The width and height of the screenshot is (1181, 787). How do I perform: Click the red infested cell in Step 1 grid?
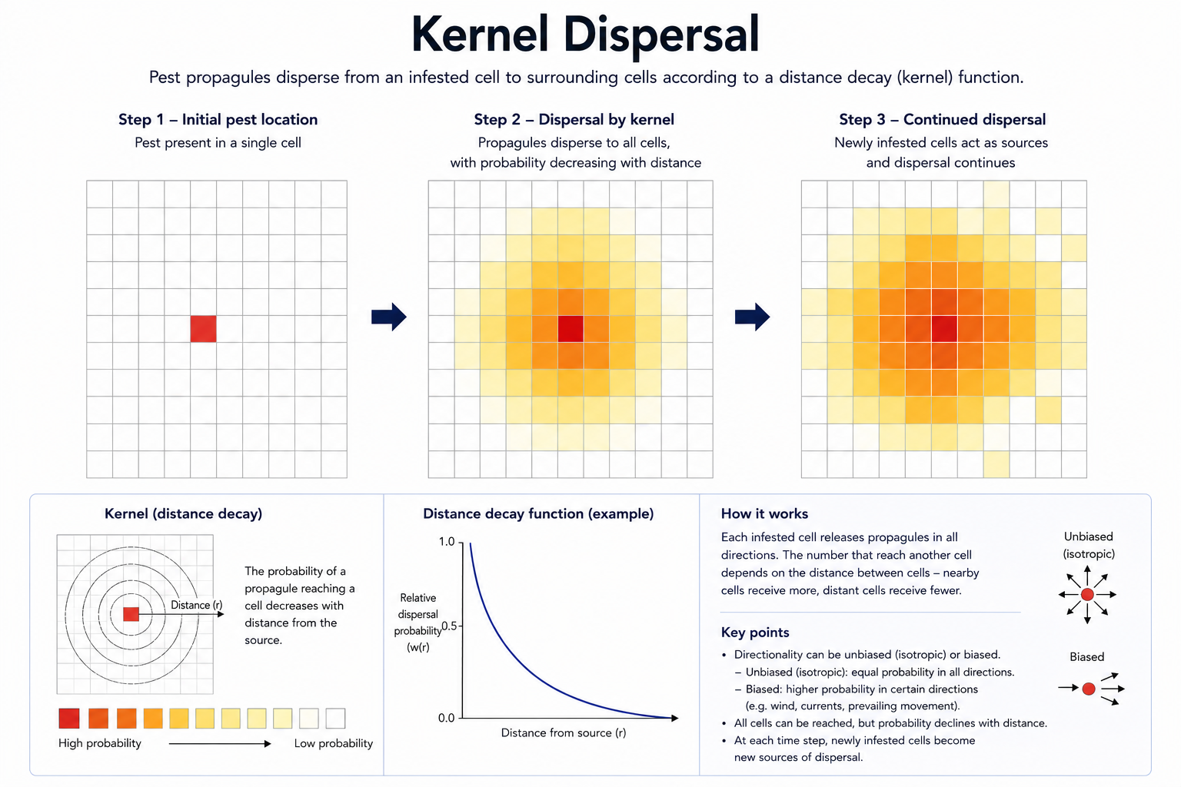[204, 329]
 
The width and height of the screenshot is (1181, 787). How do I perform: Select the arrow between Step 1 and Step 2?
[389, 317]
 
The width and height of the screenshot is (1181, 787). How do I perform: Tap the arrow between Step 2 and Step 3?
[753, 317]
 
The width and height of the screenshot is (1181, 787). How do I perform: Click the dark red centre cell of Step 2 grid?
[571, 329]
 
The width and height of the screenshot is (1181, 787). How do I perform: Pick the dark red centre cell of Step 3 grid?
[944, 329]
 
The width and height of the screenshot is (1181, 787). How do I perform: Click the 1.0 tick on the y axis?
[447, 542]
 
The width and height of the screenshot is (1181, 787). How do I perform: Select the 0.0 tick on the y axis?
[447, 718]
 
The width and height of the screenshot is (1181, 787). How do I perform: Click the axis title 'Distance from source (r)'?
[564, 732]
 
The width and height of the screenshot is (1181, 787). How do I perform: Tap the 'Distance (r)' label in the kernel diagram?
[197, 605]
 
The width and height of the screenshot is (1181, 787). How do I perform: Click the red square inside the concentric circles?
[131, 614]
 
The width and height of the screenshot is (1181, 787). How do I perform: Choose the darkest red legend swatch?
[69, 719]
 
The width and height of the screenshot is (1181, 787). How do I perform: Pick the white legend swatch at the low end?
[335, 719]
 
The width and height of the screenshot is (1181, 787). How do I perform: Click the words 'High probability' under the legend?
[100, 743]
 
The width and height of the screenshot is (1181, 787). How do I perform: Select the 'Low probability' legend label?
[333, 743]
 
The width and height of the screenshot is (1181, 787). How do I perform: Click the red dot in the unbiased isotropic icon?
[1087, 595]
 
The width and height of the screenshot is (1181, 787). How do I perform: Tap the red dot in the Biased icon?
[1089, 689]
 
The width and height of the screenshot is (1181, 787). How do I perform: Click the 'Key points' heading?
[755, 633]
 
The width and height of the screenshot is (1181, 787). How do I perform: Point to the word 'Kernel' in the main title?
[480, 35]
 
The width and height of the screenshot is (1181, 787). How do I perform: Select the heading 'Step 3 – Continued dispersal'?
[943, 120]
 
